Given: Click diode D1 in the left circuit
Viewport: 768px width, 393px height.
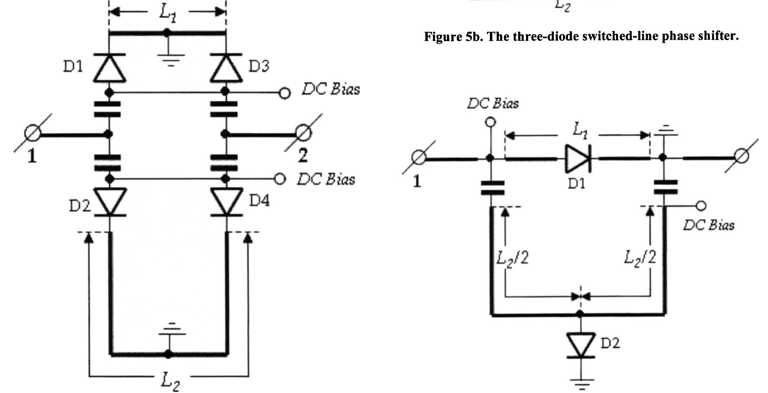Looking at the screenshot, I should (109, 68).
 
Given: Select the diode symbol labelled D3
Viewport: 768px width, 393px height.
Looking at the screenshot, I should (226, 68).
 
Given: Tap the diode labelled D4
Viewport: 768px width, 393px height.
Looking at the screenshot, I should (226, 202).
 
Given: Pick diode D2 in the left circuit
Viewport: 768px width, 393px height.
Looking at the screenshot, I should (109, 202).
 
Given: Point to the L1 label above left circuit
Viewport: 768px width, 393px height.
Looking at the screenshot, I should (168, 13).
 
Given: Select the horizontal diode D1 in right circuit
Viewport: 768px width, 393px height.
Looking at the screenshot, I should (577, 159).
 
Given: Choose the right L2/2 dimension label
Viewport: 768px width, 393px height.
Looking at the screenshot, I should (640, 258).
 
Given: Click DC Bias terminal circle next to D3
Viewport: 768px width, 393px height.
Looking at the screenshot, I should (284, 93).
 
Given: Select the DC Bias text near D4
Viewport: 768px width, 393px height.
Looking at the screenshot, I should (326, 179).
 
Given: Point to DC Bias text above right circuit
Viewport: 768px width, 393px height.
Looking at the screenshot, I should (493, 103).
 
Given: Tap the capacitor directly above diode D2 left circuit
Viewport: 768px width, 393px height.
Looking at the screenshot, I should (108, 163).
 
